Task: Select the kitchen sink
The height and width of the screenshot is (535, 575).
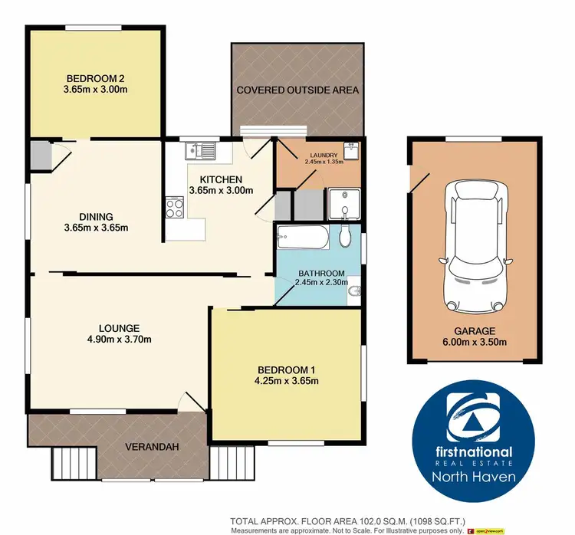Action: point(201,151)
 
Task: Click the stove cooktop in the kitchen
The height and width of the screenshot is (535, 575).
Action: point(174,205)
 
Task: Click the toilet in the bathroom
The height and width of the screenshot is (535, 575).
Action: point(347,236)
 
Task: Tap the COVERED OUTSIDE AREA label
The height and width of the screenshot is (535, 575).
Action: point(297,90)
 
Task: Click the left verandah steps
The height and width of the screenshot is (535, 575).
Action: point(75,463)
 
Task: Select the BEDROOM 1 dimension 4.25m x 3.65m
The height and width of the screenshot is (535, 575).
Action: point(287,380)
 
